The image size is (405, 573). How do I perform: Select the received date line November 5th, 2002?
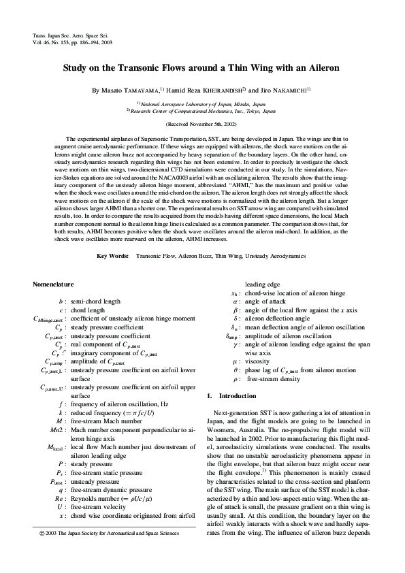tap(202, 125)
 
